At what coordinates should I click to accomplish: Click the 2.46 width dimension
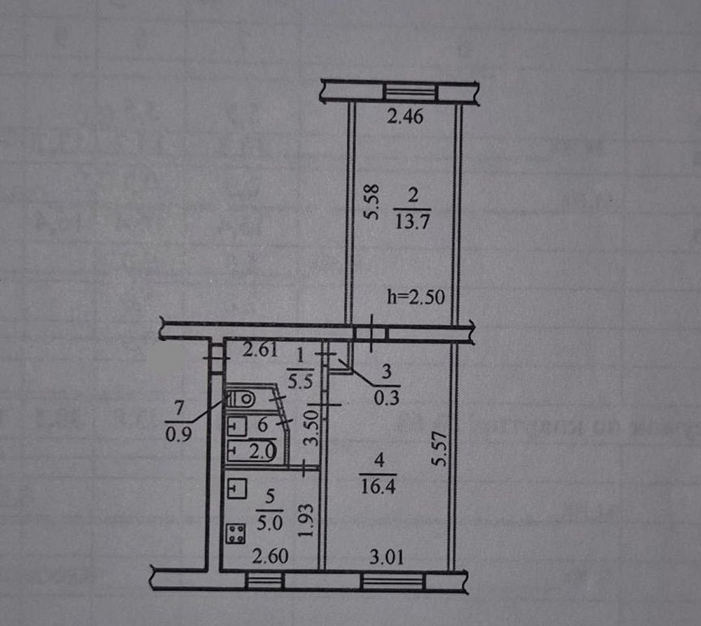(405, 117)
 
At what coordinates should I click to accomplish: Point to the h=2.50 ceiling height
(415, 297)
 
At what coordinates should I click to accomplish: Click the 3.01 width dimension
(386, 559)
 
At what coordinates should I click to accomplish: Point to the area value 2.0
(263, 449)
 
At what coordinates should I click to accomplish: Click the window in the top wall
(409, 93)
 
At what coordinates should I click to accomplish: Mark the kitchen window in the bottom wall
(265, 580)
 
